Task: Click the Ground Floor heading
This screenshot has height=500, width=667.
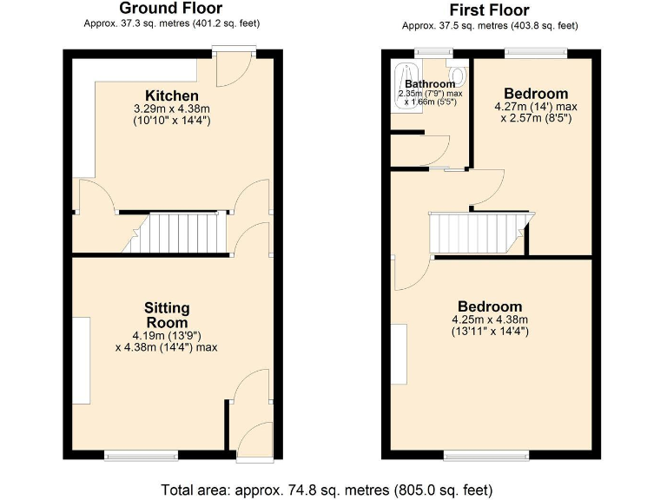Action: pos(171,9)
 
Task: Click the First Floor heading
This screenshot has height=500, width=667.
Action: pos(489,10)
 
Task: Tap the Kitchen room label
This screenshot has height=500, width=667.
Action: pos(171,95)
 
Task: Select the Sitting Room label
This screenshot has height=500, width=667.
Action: pos(167,315)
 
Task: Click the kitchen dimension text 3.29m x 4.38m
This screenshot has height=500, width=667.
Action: pos(171,109)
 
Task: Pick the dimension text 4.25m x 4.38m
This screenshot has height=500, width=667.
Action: pos(490,319)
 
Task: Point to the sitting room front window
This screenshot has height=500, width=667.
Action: pos(142,454)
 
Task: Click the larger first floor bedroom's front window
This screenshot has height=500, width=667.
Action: pos(485,454)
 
